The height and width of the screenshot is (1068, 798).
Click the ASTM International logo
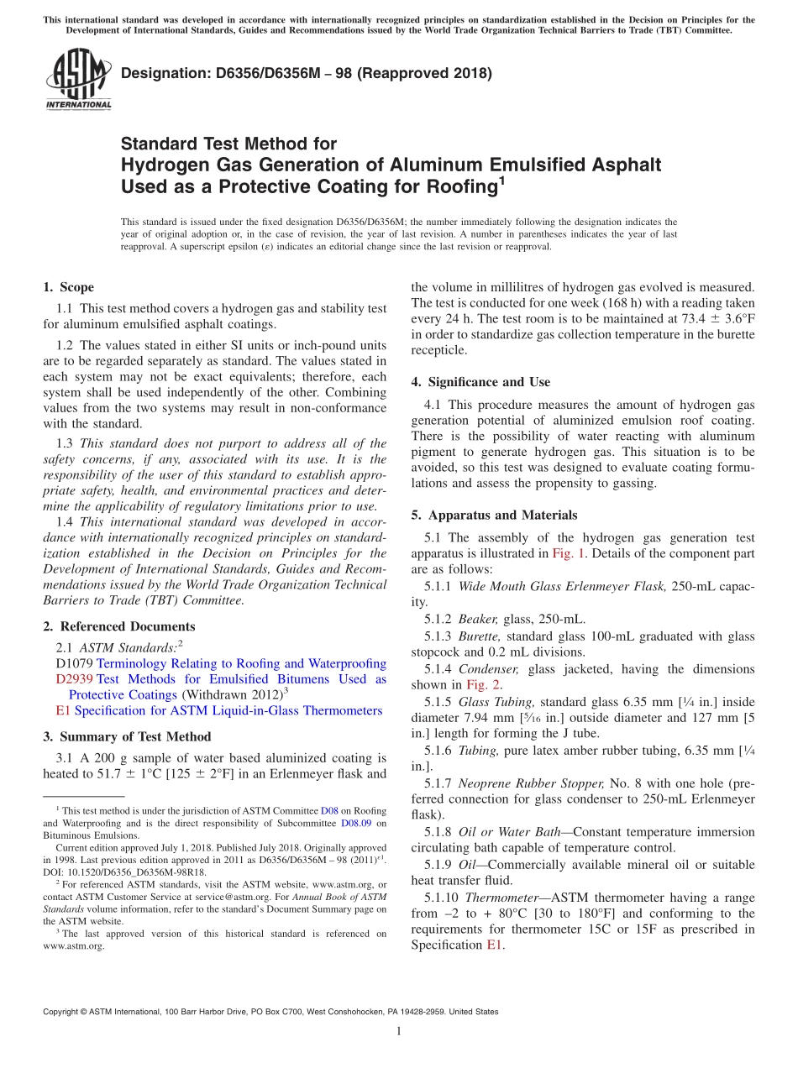pos(78,80)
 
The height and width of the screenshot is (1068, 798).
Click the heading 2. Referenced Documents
pos(118,626)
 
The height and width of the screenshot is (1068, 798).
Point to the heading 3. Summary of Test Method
pos(127,736)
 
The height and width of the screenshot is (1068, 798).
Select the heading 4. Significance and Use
pos(480,382)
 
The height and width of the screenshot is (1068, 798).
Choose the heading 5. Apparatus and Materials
pos(494,515)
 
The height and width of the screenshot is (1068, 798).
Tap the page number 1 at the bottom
pos(399,1032)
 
